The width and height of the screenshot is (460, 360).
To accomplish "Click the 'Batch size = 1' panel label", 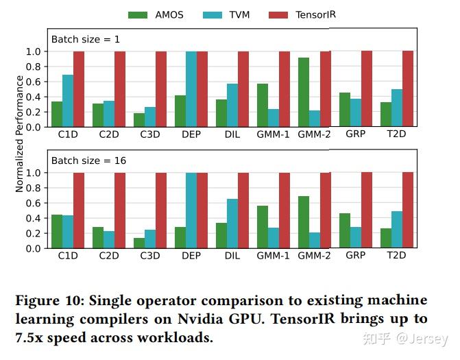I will click(85, 39).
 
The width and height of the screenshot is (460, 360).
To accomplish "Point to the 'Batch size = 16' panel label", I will click(88, 160).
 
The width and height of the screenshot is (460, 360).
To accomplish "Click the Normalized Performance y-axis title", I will click(19, 134).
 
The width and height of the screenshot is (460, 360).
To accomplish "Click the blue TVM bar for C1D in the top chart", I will click(68, 101).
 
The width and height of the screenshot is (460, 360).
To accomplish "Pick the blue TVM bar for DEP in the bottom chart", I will click(191, 211).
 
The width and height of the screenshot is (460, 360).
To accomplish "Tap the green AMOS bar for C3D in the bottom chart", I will click(139, 243).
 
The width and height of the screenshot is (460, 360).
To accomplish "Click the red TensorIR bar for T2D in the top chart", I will click(408, 89).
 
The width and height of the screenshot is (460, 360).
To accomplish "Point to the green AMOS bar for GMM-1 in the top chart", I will click(263, 105).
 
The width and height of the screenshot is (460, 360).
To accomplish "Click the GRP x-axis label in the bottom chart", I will click(355, 255).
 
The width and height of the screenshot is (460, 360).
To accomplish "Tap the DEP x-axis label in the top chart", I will click(191, 134).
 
